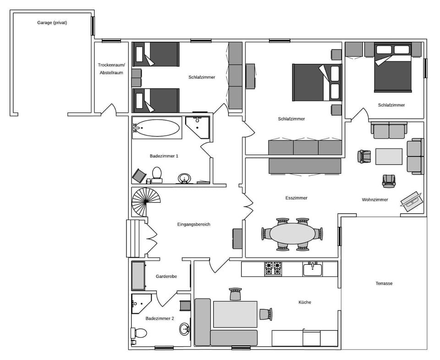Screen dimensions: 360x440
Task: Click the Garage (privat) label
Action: pos(52,22)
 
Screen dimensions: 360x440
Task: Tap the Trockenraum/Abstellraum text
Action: pos(111,69)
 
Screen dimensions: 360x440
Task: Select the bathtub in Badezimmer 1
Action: pos(157,128)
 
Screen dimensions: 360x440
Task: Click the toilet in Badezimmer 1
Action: pos(157,174)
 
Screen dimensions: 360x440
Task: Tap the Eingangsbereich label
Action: pos(193,224)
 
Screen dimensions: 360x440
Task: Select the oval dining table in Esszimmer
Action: pos(292,233)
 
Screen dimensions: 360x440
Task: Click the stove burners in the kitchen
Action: pos(273,268)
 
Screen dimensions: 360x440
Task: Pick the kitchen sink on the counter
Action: pos(313,269)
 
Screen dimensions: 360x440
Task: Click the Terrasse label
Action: pos(384,283)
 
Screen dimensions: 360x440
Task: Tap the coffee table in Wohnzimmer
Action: pos(389,156)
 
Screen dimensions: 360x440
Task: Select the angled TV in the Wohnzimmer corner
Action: pos(412,201)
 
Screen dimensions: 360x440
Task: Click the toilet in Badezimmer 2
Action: pos(139,333)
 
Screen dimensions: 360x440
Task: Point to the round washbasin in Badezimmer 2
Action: pos(185,328)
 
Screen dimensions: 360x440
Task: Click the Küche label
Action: pos(304,302)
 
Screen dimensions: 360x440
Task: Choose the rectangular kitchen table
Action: pos(235,314)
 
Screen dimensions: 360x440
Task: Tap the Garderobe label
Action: pos(166,277)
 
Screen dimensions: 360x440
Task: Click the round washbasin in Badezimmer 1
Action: pos(185,178)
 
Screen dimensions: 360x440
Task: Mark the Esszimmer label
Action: pos(296,198)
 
